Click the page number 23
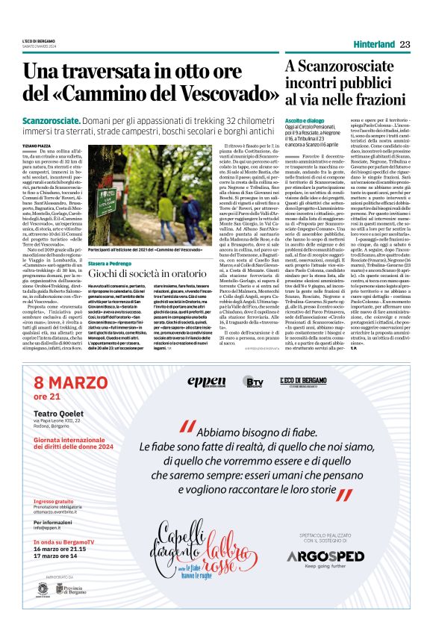(x=405, y=45)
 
